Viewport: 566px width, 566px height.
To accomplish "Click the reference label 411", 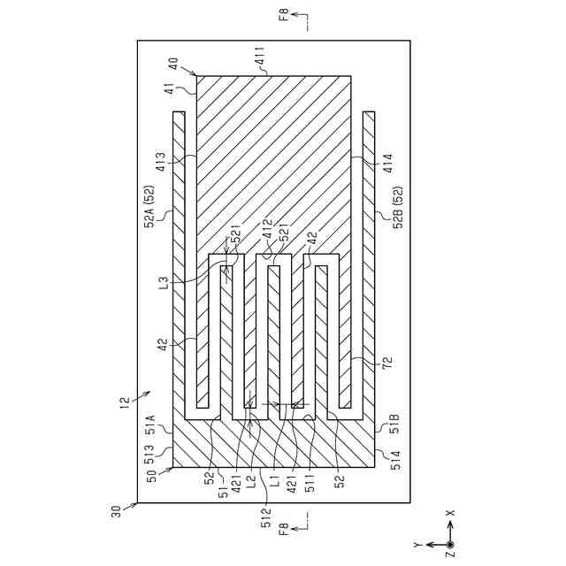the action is (x=260, y=60).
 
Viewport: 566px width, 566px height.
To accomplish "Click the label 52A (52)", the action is (x=150, y=206).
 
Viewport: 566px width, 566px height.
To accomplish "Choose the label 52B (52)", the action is (x=397, y=206).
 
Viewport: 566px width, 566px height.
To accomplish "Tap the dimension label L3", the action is (x=163, y=283).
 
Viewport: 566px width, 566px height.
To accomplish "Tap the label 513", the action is (x=150, y=453).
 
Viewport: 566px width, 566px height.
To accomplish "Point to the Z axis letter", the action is (x=450, y=555).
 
